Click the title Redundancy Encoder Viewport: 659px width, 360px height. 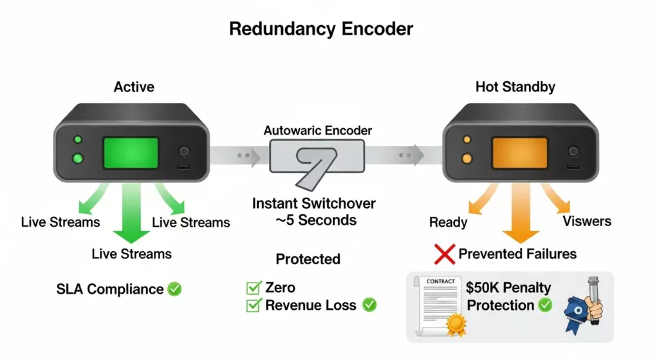[x=321, y=29]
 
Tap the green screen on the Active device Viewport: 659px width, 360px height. [x=131, y=153]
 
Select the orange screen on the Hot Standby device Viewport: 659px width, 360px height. [x=519, y=153]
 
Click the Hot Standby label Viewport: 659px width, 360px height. [x=515, y=87]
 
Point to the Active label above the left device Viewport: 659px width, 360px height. [x=134, y=87]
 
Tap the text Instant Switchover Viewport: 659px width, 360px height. [x=314, y=204]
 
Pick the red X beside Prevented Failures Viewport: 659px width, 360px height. [x=445, y=254]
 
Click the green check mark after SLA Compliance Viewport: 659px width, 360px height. [x=174, y=289]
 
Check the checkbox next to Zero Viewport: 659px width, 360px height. [x=253, y=288]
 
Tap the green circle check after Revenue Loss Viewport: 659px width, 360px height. [x=369, y=305]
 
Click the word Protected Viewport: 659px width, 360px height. [x=308, y=260]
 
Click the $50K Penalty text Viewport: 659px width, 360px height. [x=508, y=287]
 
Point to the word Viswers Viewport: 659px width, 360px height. [x=587, y=222]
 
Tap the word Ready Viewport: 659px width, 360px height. [x=448, y=222]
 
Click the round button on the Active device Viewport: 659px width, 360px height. [x=184, y=152]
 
